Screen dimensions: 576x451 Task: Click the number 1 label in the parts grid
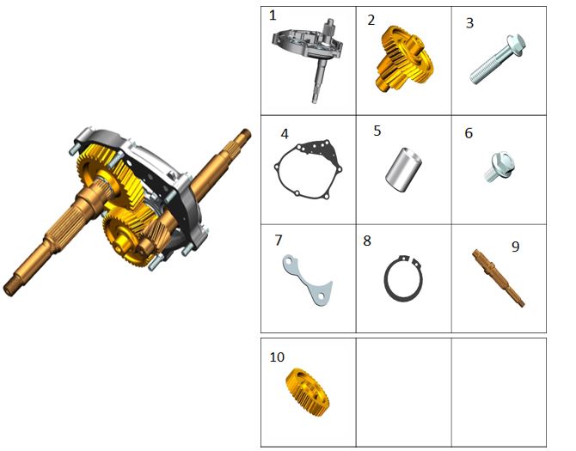point(273,15)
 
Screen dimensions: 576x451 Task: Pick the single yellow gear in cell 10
point(307,393)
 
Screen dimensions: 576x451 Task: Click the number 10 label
point(277,357)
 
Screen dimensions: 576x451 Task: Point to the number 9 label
point(515,247)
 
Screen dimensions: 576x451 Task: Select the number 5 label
point(377,131)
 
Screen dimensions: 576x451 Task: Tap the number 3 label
point(469,23)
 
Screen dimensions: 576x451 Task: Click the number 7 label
point(279,241)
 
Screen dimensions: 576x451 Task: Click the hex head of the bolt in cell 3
point(516,45)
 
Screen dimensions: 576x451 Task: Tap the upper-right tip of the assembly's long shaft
point(247,132)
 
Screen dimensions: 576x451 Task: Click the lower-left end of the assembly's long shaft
point(8,289)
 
